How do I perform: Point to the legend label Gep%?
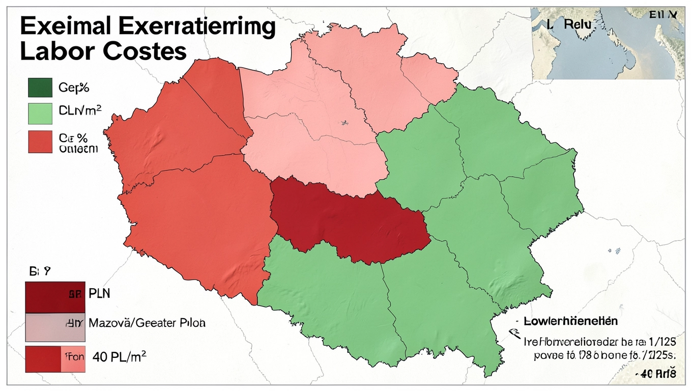[x=74, y=88]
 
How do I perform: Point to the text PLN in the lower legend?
[x=100, y=294]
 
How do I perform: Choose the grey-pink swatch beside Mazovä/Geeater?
[x=54, y=327]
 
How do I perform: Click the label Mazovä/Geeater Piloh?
[x=147, y=323]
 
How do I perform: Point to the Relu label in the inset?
[x=575, y=24]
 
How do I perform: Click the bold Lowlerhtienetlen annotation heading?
[x=570, y=321]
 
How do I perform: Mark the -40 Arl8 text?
[x=656, y=374]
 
